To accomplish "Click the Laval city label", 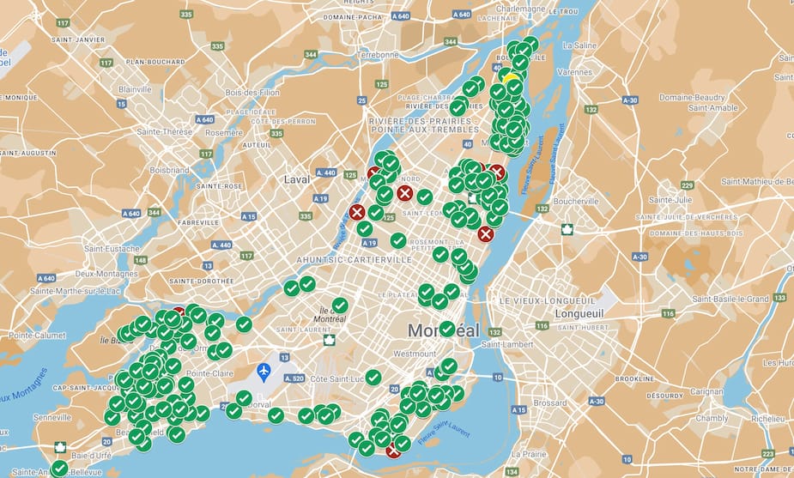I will pos(296,179).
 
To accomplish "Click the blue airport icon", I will pos(264,372).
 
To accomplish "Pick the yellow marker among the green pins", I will pos(511,79).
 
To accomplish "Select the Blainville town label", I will pos(135,89).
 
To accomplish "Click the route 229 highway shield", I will pos(687,185).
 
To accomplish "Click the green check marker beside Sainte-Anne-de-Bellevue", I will pos(59,469).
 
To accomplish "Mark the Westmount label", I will pos(414,354).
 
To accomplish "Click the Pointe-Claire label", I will pos(211,375).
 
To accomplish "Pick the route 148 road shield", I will pos(140,260).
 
